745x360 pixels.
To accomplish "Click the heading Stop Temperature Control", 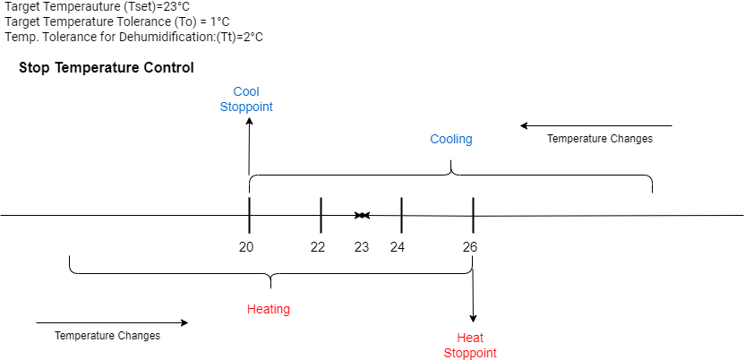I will pyautogui.click(x=107, y=68).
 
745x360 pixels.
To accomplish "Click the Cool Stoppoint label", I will pyautogui.click(x=246, y=99).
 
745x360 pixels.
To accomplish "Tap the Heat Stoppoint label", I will pyautogui.click(x=470, y=345).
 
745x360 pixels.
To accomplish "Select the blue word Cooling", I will pyautogui.click(x=450, y=140).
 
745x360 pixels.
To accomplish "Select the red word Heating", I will pyautogui.click(x=269, y=310).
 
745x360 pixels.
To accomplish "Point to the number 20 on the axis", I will pyautogui.click(x=248, y=247).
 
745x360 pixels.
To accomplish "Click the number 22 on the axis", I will pyautogui.click(x=318, y=247).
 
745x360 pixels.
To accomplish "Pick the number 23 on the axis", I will pyautogui.click(x=362, y=247).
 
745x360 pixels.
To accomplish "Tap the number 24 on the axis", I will pyautogui.click(x=398, y=247).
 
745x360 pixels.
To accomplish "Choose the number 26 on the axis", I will pyautogui.click(x=470, y=247).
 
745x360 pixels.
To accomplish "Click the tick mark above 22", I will pyautogui.click(x=321, y=215).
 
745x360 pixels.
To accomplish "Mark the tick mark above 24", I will pyautogui.click(x=401, y=215).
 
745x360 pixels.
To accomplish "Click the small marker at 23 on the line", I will pyautogui.click(x=362, y=215).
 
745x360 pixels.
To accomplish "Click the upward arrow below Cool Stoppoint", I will pyautogui.click(x=249, y=148).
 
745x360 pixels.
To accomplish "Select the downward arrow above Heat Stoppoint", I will pyautogui.click(x=473, y=287).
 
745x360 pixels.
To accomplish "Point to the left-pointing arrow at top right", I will pyautogui.click(x=595, y=126).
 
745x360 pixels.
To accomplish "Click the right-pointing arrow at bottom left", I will pyautogui.click(x=112, y=322).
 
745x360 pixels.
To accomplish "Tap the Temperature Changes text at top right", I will pyautogui.click(x=600, y=139).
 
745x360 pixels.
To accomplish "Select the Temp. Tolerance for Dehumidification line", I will pyautogui.click(x=133, y=37).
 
